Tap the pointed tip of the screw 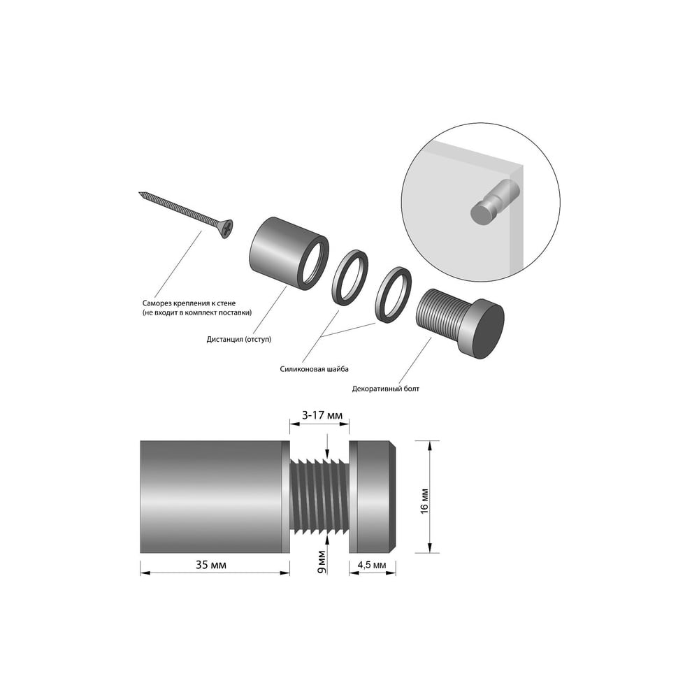pos(140,193)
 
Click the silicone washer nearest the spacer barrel pos(350,278)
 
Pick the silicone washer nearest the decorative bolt pos(394,294)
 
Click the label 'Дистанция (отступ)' pos(239,339)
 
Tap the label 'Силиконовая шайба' pos(315,369)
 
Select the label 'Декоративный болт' pos(386,389)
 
